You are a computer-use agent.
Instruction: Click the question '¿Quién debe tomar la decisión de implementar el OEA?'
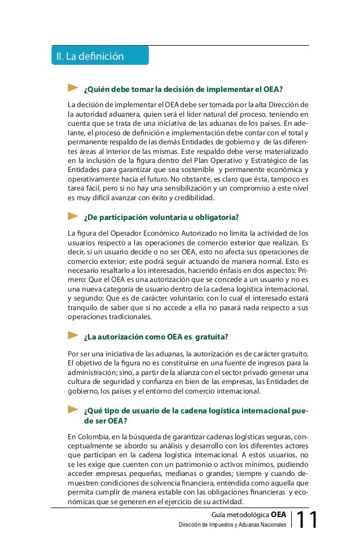tap(183, 89)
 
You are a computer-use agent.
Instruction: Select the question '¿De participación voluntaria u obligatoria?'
tap(161, 218)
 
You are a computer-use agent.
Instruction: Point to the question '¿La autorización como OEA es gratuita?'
tap(155, 337)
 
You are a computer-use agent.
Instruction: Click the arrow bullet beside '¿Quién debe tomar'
tap(72, 88)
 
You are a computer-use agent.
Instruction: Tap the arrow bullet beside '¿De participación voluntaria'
tap(72, 217)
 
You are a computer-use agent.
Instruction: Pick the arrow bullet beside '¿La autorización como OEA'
tap(72, 336)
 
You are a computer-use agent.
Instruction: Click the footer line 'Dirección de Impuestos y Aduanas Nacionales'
tap(232, 525)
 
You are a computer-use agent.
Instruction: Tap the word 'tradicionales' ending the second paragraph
tap(130, 317)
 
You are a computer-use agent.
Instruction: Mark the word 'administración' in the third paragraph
tap(91, 372)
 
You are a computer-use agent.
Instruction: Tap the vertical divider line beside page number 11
tap(292, 520)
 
